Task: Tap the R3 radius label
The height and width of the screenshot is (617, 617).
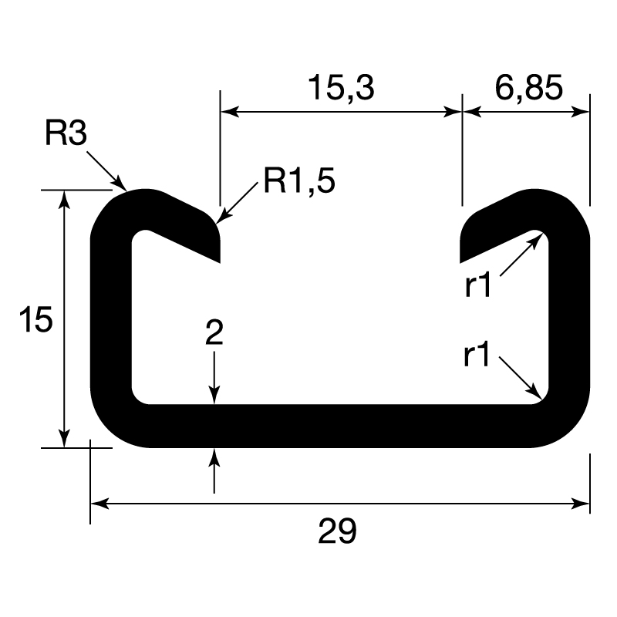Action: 66,133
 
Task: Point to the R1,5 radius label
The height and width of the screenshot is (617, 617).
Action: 299,180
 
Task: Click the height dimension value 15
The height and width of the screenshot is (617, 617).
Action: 36,319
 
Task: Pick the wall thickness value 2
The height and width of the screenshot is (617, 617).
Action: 214,333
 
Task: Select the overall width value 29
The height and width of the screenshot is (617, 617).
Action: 338,531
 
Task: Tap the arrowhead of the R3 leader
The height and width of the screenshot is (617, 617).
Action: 122,185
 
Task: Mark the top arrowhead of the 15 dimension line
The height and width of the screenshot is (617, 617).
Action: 65,196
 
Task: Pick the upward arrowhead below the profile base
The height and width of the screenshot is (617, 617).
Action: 214,454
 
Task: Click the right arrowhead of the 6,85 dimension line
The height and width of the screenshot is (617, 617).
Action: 584,112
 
